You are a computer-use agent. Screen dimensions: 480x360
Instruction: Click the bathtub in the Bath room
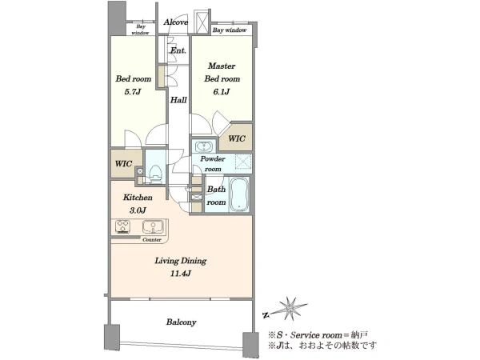(x=239, y=194)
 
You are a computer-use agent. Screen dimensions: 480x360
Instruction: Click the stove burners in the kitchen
(x=122, y=227)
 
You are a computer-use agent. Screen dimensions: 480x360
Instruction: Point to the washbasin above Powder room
(x=202, y=146)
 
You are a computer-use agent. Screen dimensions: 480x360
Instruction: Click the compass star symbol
(x=290, y=308)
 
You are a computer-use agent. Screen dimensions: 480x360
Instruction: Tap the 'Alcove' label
(x=176, y=22)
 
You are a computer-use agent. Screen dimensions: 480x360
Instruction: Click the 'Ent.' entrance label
(x=178, y=50)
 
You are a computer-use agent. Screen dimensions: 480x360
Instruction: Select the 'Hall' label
(x=178, y=100)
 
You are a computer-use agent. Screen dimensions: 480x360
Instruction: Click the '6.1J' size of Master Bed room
(x=222, y=91)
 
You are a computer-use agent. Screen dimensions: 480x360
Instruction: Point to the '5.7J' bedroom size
(x=133, y=91)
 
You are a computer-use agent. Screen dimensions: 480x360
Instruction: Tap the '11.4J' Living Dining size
(x=181, y=274)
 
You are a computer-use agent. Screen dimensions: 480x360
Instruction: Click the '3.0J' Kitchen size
(x=137, y=210)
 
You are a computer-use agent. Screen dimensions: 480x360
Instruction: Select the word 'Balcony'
(x=182, y=322)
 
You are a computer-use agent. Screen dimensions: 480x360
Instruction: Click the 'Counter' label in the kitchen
(x=152, y=240)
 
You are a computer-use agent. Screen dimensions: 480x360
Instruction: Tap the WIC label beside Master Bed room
(x=237, y=138)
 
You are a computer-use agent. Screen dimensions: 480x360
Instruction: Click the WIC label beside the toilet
(x=124, y=163)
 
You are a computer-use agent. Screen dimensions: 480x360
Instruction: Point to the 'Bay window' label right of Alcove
(x=230, y=30)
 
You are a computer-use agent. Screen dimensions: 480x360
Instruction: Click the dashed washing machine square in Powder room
(x=243, y=162)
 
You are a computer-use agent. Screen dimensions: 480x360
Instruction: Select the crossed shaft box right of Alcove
(x=202, y=22)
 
